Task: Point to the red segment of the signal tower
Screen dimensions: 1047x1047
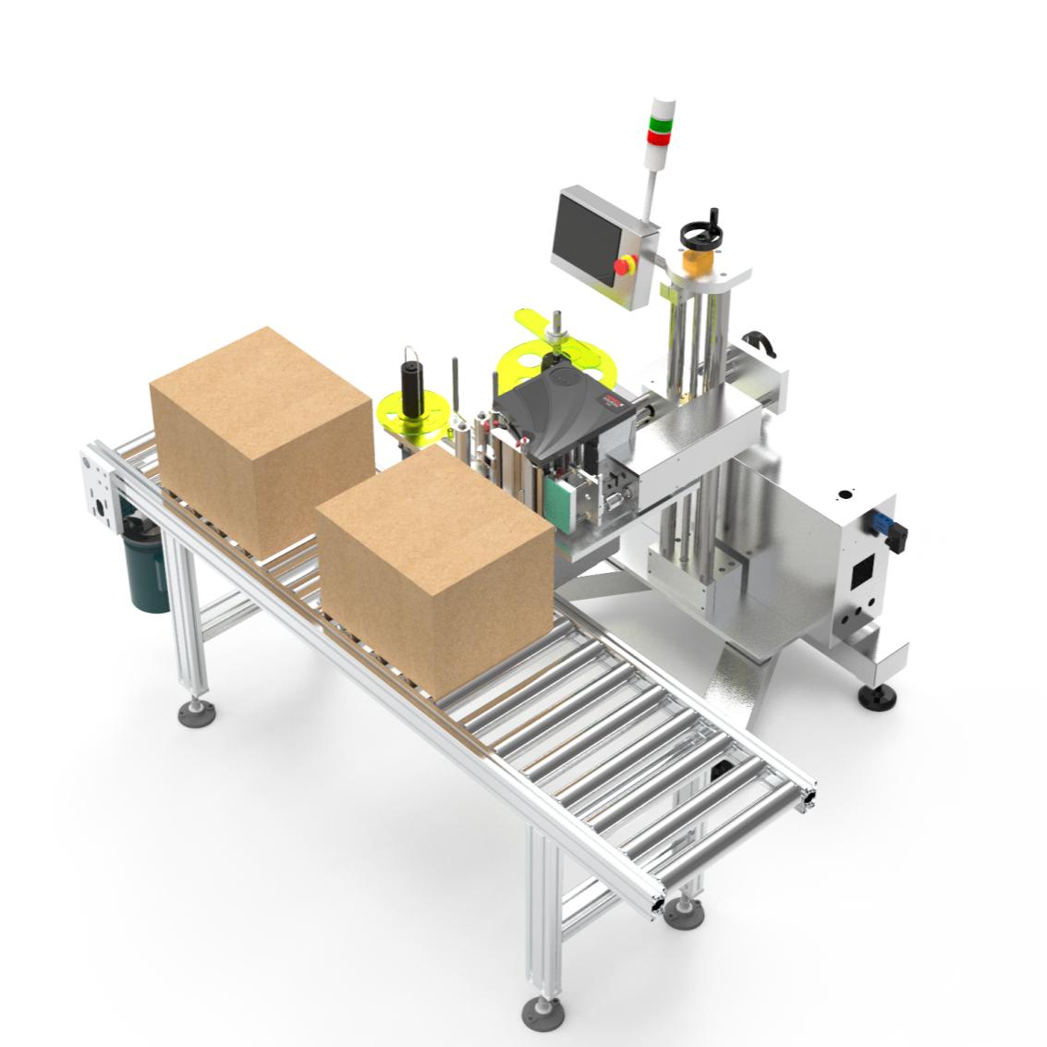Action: [x=660, y=137]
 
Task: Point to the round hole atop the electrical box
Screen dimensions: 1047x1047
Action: [x=842, y=495]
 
